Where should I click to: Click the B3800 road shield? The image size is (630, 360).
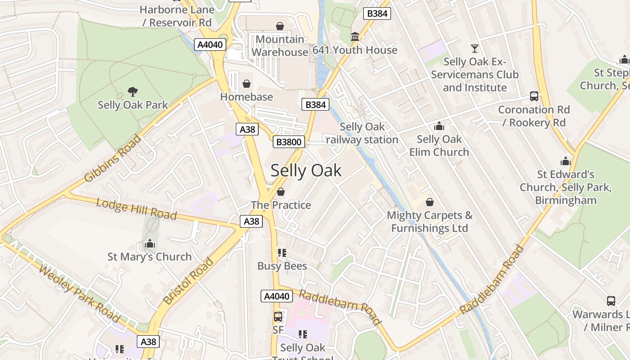pos(289,142)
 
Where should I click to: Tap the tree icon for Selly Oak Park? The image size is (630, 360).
pos(133,92)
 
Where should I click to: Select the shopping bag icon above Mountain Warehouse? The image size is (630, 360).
pos(280,26)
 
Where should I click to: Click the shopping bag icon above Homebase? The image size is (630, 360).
pos(247,84)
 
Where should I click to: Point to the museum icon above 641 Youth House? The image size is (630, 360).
pos(355,36)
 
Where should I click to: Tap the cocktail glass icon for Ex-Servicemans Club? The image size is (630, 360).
pos(474,48)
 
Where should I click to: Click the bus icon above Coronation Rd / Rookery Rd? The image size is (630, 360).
pos(534,96)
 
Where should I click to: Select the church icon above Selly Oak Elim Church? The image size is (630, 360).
pos(439,126)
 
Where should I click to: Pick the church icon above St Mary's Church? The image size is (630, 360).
pos(150,243)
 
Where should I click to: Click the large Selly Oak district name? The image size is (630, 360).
pos(306,171)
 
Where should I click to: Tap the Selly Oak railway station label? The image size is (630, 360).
pos(362,133)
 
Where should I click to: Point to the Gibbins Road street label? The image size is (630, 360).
pos(113,158)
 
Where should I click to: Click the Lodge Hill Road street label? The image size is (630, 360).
pos(136,209)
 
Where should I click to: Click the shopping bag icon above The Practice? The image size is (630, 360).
pos(281,192)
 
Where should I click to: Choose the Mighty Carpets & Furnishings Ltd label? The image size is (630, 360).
pos(430,221)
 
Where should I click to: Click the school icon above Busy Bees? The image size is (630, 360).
pos(282,253)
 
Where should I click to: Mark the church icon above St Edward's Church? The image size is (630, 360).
pos(566,161)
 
